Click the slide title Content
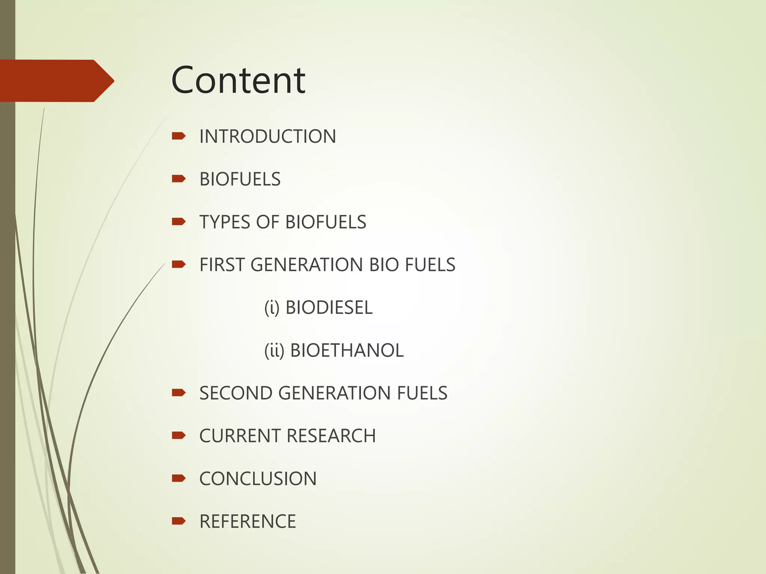[238, 80]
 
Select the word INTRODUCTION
[267, 136]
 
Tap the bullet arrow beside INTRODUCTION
[178, 136]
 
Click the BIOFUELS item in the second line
[240, 179]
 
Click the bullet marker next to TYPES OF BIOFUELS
[178, 222]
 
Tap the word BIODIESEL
[329, 308]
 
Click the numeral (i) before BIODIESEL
[272, 308]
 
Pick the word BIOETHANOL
[347, 351]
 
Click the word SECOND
[236, 393]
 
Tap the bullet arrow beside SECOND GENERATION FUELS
[178, 392]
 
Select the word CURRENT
[240, 436]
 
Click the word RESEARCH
[331, 436]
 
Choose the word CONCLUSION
[258, 479]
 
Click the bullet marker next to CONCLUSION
[178, 478]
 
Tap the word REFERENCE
[248, 522]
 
